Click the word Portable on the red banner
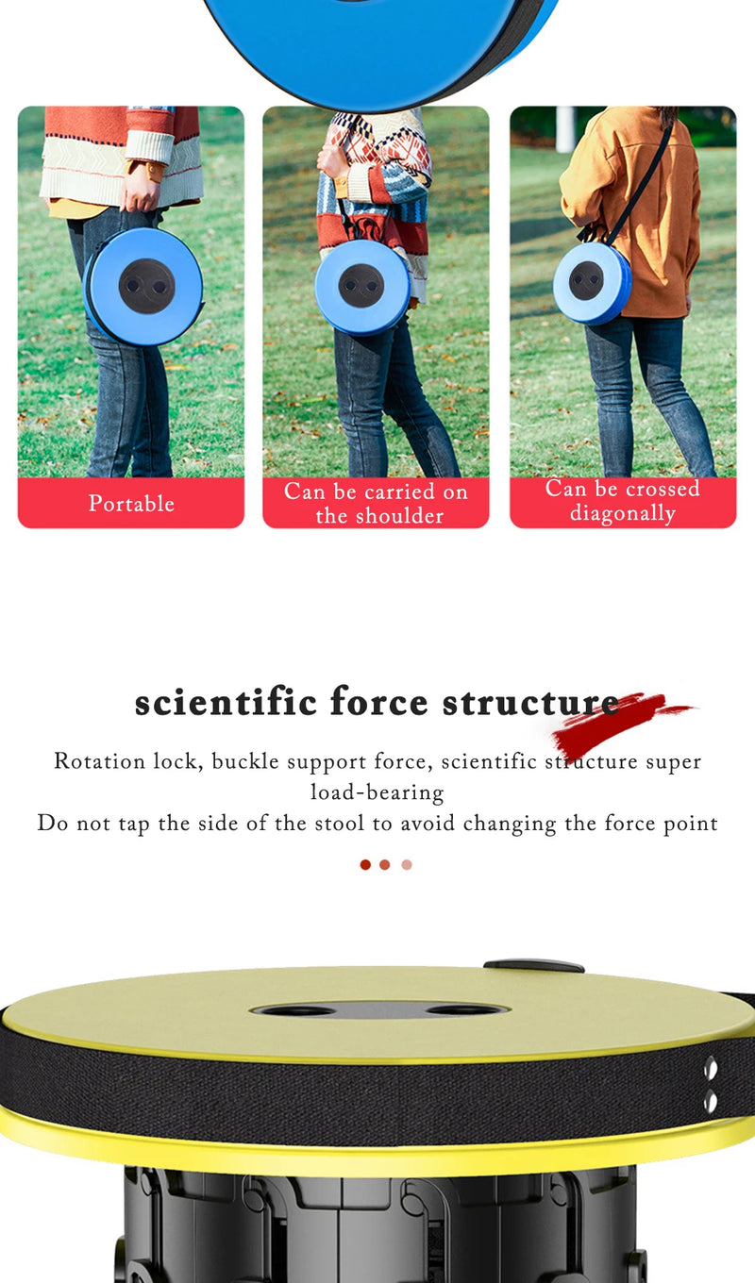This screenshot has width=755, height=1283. [x=131, y=504]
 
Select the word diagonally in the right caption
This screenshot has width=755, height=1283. [x=623, y=513]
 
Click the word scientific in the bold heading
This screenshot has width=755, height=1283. [x=226, y=702]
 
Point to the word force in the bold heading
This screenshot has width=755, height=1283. [x=379, y=702]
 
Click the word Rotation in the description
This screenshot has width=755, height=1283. [x=100, y=761]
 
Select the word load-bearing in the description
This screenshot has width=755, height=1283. [x=377, y=792]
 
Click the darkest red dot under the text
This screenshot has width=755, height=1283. [x=365, y=865]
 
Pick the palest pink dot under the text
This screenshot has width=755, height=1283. [x=407, y=865]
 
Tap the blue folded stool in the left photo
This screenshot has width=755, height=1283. [x=143, y=287]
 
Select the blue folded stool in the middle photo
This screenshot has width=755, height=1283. [x=362, y=287]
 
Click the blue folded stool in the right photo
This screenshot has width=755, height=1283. [x=592, y=283]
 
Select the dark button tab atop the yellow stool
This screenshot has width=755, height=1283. [x=534, y=966]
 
